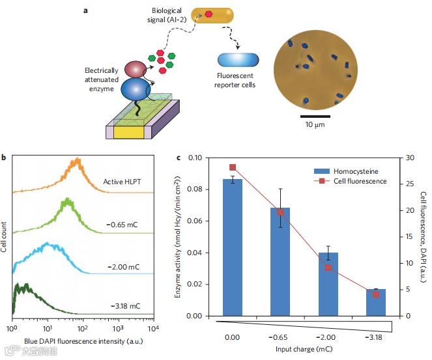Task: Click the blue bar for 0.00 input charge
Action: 233,247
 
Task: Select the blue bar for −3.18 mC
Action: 375,303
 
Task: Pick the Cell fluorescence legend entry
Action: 356,181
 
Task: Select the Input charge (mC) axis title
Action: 304,350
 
